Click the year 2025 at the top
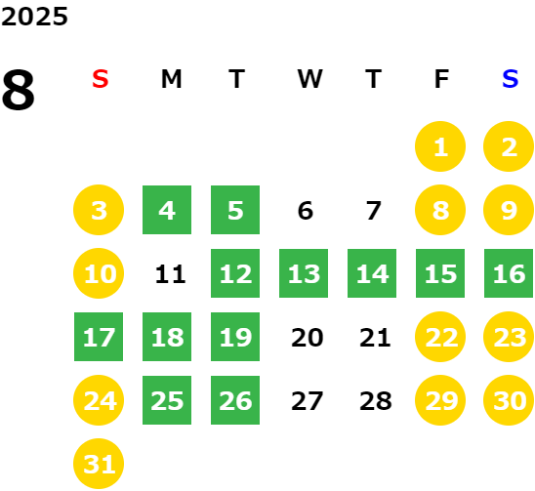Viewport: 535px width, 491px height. pos(34,17)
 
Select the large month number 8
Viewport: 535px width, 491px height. pos(19,90)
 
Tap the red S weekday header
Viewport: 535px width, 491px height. pos(101,79)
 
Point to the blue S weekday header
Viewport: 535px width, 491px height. pos(510,79)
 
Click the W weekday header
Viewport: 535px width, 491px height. pos(309,79)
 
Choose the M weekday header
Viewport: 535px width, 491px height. pos(171,79)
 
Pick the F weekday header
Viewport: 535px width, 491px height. pos(441,79)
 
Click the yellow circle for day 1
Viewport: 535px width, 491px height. pos(440,146)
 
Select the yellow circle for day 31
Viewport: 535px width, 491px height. pos(99,464)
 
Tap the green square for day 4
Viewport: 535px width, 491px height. pos(167,210)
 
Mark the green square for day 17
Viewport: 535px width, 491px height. pos(99,337)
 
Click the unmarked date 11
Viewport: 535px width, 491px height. pos(170,274)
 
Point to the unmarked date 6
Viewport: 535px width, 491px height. pos(306,211)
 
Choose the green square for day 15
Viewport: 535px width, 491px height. pos(440,273)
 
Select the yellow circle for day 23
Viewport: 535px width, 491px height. pos(509,337)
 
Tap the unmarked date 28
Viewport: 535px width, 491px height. pos(375,401)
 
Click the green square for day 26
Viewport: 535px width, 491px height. pos(235,400)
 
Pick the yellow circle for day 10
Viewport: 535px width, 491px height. pos(99,273)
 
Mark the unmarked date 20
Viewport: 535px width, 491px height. pos(308,338)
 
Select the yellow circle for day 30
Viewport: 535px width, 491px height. pos(509,400)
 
